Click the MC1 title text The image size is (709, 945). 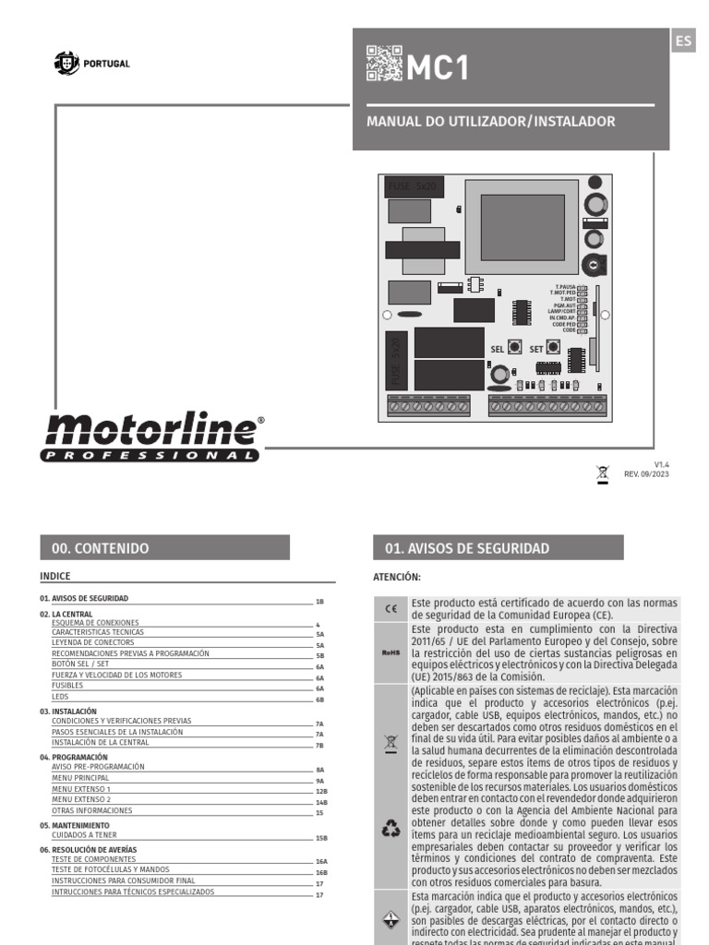click(x=439, y=67)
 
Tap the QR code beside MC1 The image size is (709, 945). click(x=384, y=64)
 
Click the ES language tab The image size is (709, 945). click(x=683, y=41)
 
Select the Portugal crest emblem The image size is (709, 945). click(x=67, y=64)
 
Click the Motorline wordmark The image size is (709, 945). click(x=152, y=431)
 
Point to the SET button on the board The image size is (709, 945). click(x=553, y=348)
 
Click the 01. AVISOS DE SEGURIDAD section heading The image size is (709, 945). click(x=467, y=548)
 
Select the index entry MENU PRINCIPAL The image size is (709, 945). click(x=80, y=778)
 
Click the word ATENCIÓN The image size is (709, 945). click(x=396, y=578)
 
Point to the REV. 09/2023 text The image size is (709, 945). click(x=646, y=474)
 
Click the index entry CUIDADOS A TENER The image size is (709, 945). click(x=86, y=833)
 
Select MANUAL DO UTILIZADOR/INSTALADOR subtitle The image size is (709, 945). click(x=491, y=122)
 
